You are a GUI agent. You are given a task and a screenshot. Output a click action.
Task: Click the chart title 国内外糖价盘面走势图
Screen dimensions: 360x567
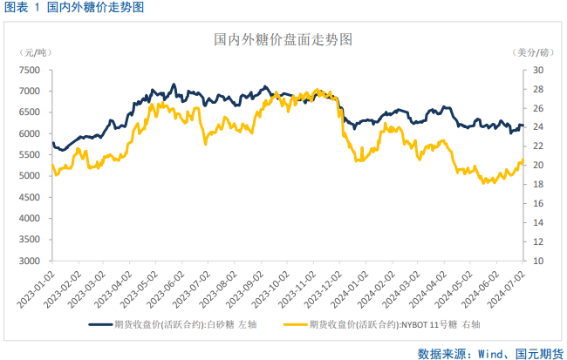coord(283,40)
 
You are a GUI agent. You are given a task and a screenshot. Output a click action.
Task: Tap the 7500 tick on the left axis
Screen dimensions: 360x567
coord(31,70)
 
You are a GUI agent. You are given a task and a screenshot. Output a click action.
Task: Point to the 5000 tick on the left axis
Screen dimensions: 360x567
coord(31,176)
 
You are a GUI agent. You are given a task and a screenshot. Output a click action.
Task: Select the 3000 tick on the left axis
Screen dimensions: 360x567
coord(31,261)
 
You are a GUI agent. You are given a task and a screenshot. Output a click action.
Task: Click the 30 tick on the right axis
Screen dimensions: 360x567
coord(537,70)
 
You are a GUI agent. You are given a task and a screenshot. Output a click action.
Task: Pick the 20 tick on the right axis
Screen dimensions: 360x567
coord(537,166)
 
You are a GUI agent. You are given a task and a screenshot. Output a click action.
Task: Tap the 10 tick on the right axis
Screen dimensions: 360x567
coord(537,261)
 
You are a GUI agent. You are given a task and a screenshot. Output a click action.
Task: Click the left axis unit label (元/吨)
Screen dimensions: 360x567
coord(36,54)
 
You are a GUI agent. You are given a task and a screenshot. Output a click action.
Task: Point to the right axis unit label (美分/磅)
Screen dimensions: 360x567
coord(533,54)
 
